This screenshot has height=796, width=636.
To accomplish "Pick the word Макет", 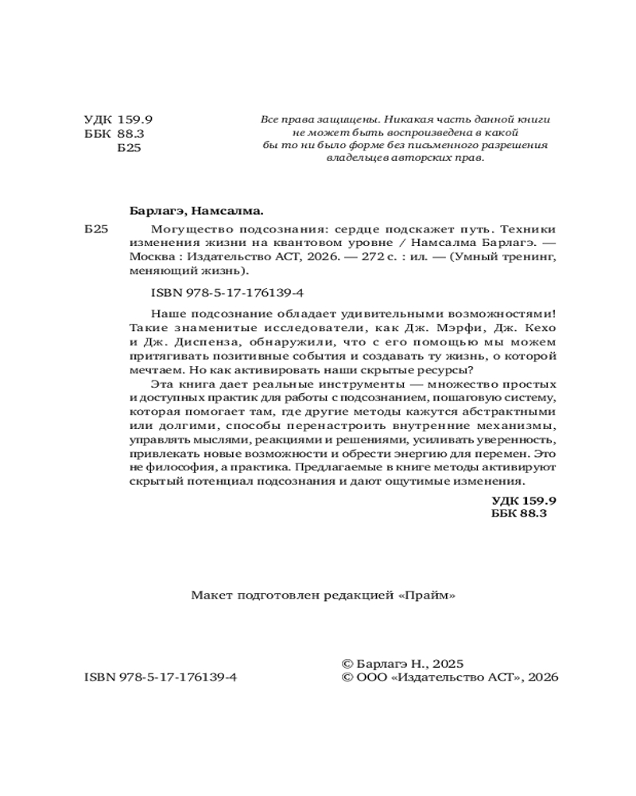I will (209, 595).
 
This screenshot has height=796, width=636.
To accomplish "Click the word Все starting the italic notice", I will (270, 119).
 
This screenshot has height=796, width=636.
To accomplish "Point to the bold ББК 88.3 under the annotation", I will (521, 514).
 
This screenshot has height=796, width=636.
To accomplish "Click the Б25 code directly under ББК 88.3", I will (129, 148).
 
